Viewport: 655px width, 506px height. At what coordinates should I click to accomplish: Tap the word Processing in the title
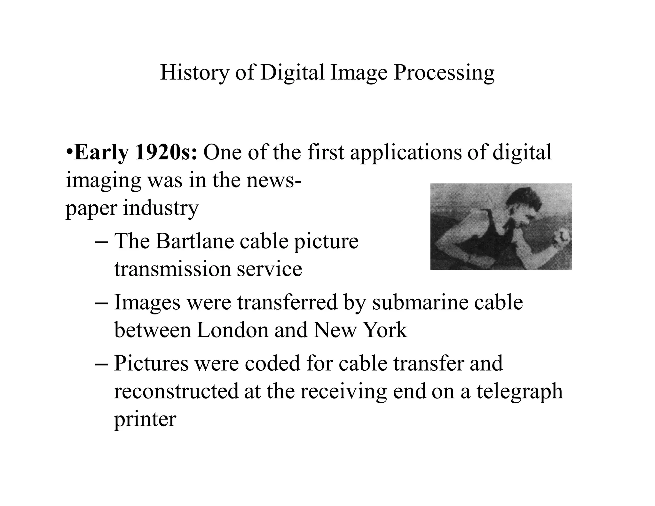[x=444, y=73]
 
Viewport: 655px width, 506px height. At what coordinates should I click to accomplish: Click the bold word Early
[x=101, y=153]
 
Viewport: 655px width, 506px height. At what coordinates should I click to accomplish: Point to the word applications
[x=406, y=153]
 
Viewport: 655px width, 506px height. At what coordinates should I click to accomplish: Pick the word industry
[x=161, y=209]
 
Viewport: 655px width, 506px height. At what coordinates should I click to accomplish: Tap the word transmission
[x=173, y=269]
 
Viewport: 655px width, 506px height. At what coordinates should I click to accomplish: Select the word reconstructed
[x=176, y=391]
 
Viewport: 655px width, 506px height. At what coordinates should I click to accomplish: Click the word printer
[x=145, y=419]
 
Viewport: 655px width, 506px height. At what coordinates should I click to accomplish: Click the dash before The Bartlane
[x=101, y=242]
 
